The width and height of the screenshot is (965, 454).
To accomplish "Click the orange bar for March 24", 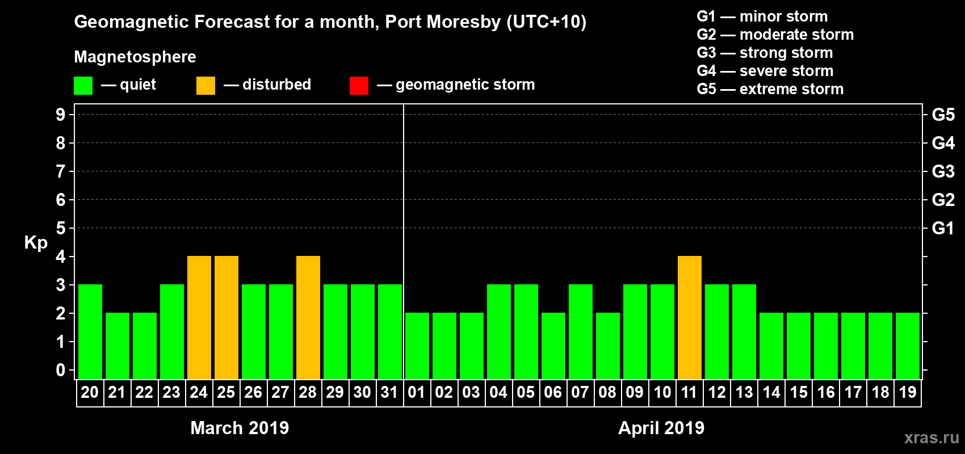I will [x=199, y=317].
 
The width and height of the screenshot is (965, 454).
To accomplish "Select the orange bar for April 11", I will [x=690, y=317].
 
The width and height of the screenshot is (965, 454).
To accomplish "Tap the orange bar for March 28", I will [x=308, y=317].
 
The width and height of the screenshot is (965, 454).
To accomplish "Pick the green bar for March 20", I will [x=90, y=331].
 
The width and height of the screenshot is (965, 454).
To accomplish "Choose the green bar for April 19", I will [x=908, y=346].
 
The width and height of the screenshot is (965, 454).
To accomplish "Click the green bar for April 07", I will [x=581, y=331].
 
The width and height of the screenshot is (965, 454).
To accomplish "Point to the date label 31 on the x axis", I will [x=389, y=392].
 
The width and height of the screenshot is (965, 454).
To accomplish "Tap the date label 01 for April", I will [x=417, y=392].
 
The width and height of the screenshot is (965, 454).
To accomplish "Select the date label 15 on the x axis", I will [x=799, y=392].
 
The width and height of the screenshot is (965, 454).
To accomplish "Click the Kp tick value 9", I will [x=61, y=115].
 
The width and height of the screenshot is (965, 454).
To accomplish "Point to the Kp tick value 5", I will [x=61, y=228].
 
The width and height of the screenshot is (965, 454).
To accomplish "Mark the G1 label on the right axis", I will [x=943, y=228].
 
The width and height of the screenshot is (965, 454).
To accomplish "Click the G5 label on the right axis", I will [x=943, y=115].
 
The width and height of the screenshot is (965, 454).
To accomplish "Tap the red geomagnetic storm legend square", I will [x=359, y=86].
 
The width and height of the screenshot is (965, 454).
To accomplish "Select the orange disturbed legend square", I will [x=205, y=86].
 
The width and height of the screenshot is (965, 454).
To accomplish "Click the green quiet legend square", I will [x=83, y=86].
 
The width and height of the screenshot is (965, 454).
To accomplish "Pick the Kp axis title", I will [x=36, y=242].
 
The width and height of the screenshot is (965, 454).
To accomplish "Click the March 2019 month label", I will [x=240, y=428].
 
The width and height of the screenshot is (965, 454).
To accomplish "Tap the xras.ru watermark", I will [x=932, y=438].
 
